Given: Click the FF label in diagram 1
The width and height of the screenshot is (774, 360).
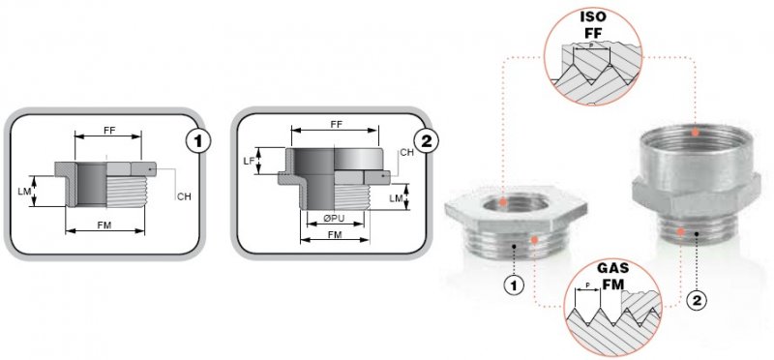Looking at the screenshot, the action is point(109,131).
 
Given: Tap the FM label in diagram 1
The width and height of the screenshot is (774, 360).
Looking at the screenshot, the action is point(104,225).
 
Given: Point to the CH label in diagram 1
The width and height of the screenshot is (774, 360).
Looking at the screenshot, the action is point(184,197).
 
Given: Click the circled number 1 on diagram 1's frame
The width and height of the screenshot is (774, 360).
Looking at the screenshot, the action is point(198,141).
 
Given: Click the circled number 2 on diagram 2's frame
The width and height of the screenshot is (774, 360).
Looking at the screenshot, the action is point(427,141).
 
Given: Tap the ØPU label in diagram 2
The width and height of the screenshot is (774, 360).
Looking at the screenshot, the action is point(336,219).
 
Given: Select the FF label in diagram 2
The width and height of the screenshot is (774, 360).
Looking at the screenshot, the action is point(336,125).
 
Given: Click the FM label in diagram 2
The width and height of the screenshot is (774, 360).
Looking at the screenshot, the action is point(335,235).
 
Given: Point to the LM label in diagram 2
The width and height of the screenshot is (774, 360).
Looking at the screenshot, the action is point(396,198).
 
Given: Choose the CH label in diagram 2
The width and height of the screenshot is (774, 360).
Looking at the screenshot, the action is point(407,153).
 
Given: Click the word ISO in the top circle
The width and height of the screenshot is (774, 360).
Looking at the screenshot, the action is point(593,16).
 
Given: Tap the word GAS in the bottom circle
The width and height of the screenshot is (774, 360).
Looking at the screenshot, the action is point(613,269).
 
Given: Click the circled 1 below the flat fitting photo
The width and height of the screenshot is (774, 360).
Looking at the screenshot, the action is point(514,285).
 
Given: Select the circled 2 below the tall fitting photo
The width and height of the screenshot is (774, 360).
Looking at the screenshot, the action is point(697,300).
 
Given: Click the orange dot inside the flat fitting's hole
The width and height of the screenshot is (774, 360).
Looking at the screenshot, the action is point(502,202).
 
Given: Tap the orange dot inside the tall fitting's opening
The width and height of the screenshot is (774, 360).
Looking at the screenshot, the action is point(695,132).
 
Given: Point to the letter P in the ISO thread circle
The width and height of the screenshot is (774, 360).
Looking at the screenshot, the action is point(592,44).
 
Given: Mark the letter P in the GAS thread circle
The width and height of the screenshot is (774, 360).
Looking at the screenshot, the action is point(587,285).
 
